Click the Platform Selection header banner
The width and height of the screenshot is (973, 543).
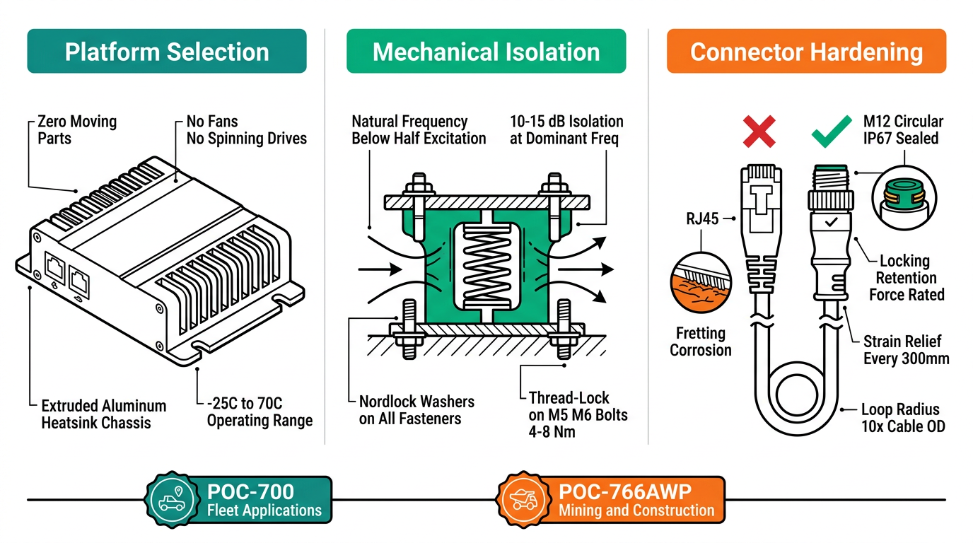click(x=167, y=52)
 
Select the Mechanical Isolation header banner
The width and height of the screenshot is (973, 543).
click(x=486, y=52)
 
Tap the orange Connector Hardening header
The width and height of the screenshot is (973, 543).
click(x=806, y=52)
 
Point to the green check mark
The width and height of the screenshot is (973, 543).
click(x=831, y=132)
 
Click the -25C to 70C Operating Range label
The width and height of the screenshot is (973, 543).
click(x=259, y=411)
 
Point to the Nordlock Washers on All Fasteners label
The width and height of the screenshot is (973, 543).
click(x=416, y=410)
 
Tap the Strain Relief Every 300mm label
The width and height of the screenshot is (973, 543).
click(x=906, y=350)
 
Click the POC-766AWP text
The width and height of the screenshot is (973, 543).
click(x=627, y=492)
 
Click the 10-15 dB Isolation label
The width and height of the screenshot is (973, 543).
click(x=566, y=129)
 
